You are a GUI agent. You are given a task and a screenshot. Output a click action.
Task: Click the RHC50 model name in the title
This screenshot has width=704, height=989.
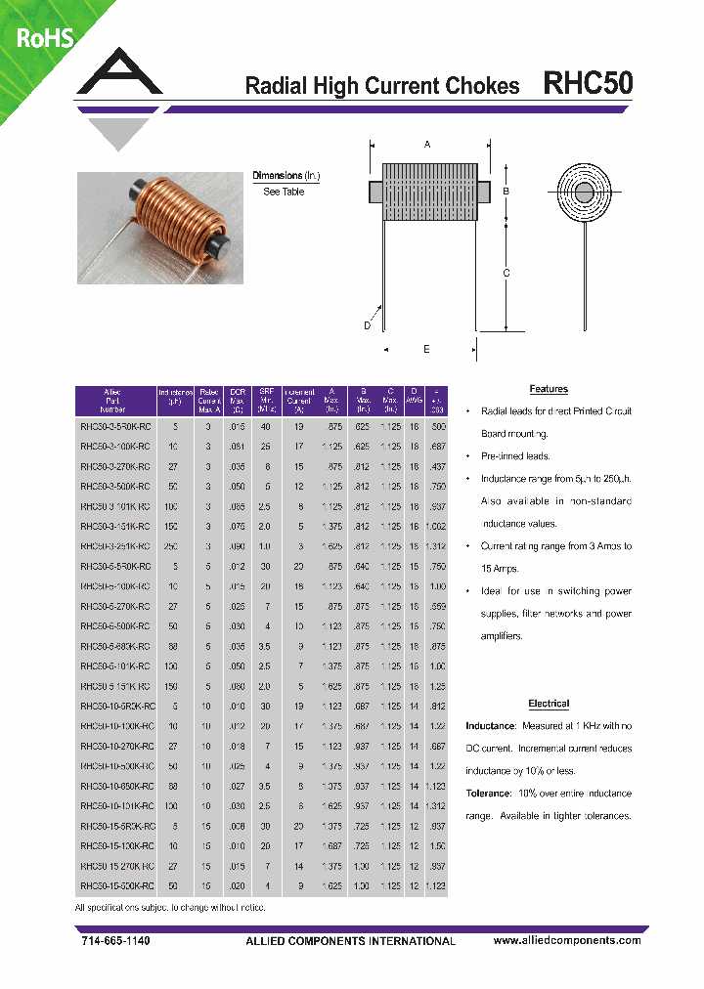(588, 84)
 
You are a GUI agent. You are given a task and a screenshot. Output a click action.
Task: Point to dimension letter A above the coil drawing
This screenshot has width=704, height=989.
(427, 145)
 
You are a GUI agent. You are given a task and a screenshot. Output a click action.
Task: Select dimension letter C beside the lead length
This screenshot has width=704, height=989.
(506, 274)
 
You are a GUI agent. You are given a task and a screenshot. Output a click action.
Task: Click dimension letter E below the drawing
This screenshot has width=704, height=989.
(426, 349)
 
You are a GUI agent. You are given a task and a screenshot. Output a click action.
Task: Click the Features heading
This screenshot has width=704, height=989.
(549, 389)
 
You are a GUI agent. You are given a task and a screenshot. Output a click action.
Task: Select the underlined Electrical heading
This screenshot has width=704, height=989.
(549, 704)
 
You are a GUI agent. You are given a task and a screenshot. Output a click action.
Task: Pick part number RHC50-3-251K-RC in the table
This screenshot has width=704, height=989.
(115, 546)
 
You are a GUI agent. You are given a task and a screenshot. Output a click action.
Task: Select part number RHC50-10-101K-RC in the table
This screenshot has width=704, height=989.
(115, 806)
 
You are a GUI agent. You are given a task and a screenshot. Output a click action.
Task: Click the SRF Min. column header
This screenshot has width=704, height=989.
(266, 401)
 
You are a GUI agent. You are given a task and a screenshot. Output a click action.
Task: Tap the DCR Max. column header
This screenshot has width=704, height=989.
(237, 401)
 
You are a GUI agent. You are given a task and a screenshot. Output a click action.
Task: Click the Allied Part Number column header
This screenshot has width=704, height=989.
(113, 401)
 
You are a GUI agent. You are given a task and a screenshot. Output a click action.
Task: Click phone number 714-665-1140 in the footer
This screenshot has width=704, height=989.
(113, 940)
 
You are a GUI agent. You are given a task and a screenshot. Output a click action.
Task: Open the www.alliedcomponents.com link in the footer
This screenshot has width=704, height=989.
(567, 940)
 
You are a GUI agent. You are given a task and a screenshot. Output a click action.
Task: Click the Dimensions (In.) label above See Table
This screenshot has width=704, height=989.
(286, 176)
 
